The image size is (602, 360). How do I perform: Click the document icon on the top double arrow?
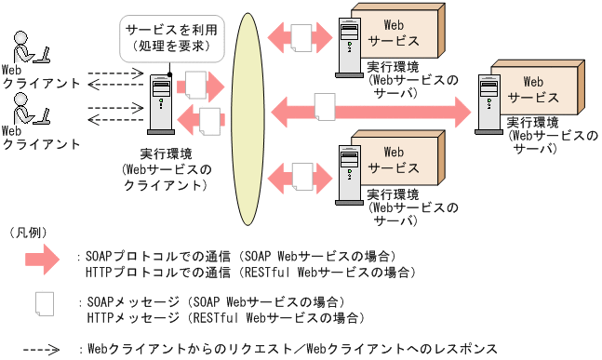click(x=302, y=38)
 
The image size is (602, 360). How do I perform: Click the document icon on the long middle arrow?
click(x=324, y=108)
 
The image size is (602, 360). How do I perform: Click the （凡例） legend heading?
click(x=28, y=231)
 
